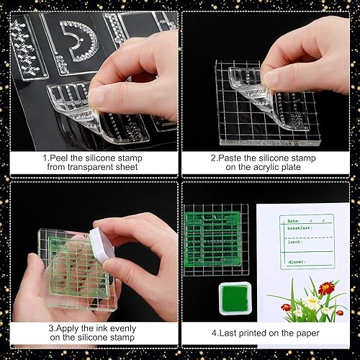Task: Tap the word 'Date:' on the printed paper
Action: (x=294, y=221)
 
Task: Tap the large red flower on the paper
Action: (x=327, y=288)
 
